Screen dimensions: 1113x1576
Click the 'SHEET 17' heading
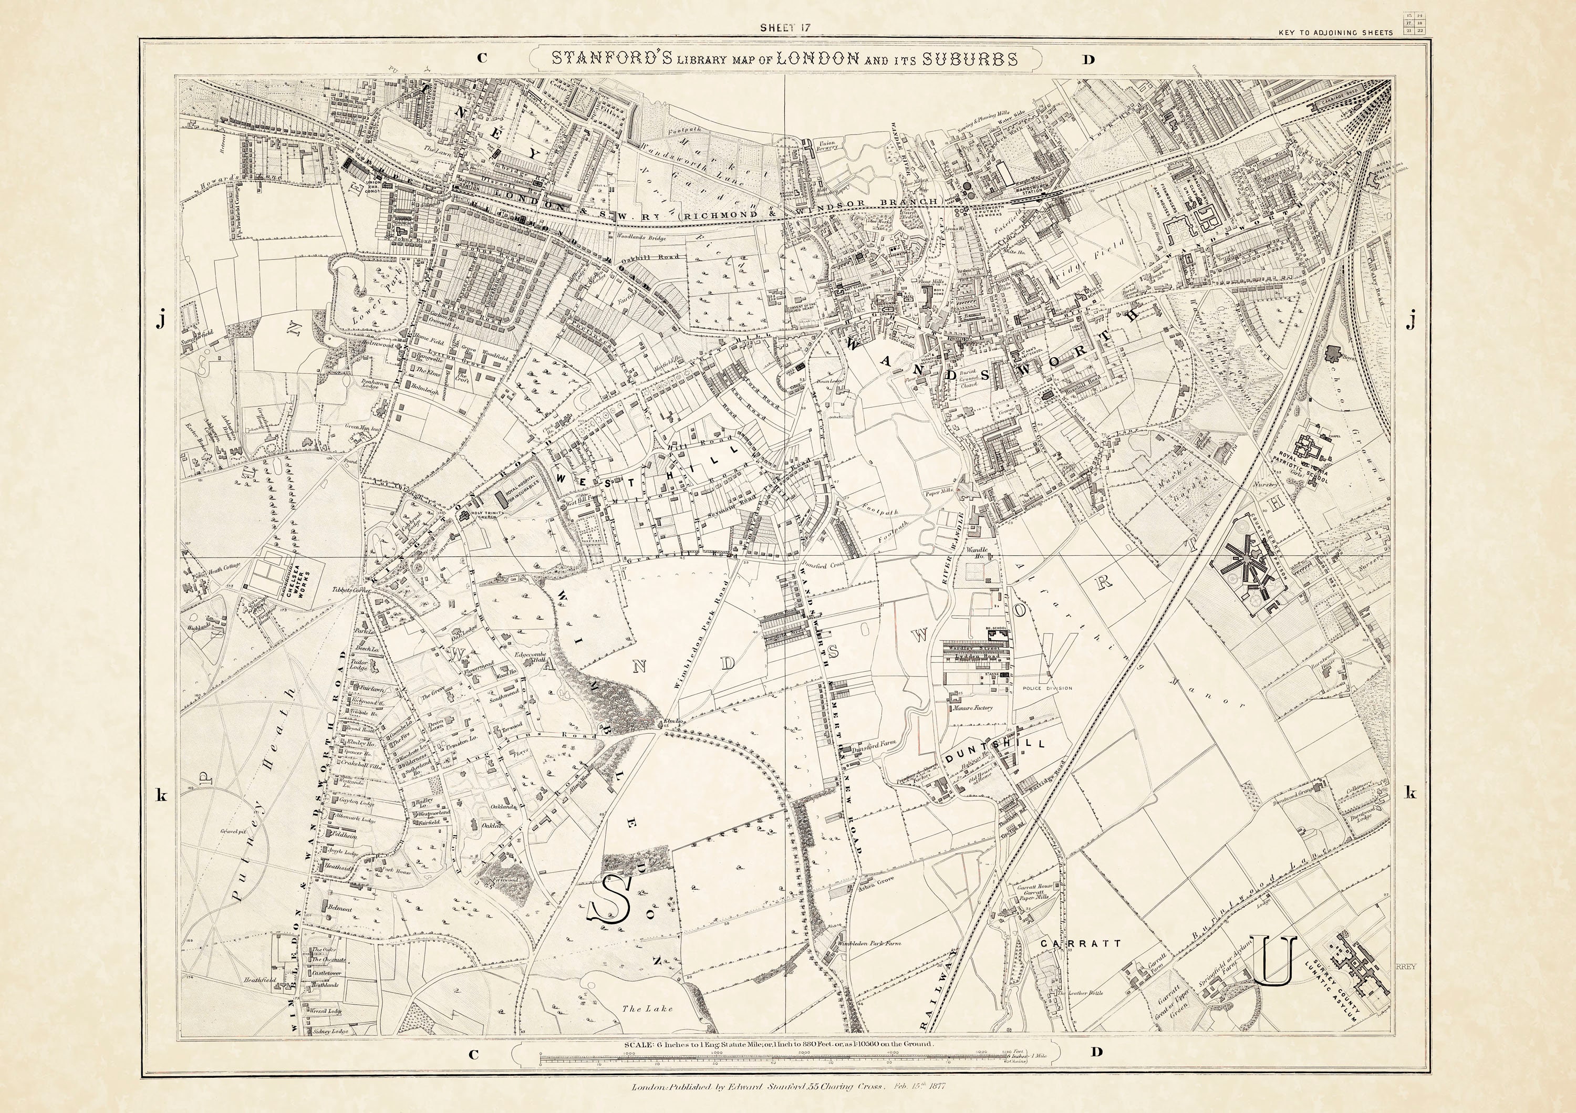786,27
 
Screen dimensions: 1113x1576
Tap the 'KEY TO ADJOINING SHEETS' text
1335,32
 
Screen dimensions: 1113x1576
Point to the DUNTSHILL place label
994,744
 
